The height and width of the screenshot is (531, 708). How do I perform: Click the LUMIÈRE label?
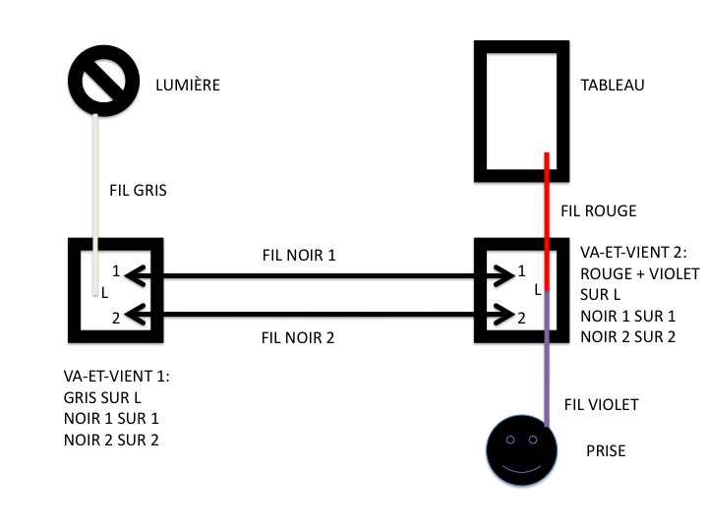pos(187,86)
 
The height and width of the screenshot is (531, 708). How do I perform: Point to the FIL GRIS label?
pos(138,191)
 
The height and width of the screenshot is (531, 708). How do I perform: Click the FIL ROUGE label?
pos(598,210)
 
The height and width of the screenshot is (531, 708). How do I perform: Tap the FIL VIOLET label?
pos(601,404)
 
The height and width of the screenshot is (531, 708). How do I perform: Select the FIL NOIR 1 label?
pos(298,256)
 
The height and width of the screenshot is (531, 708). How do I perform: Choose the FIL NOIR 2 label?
pos(298,338)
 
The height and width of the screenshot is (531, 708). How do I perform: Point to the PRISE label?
pos(605,452)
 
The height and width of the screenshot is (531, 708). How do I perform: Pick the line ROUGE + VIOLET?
pos(636,272)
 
